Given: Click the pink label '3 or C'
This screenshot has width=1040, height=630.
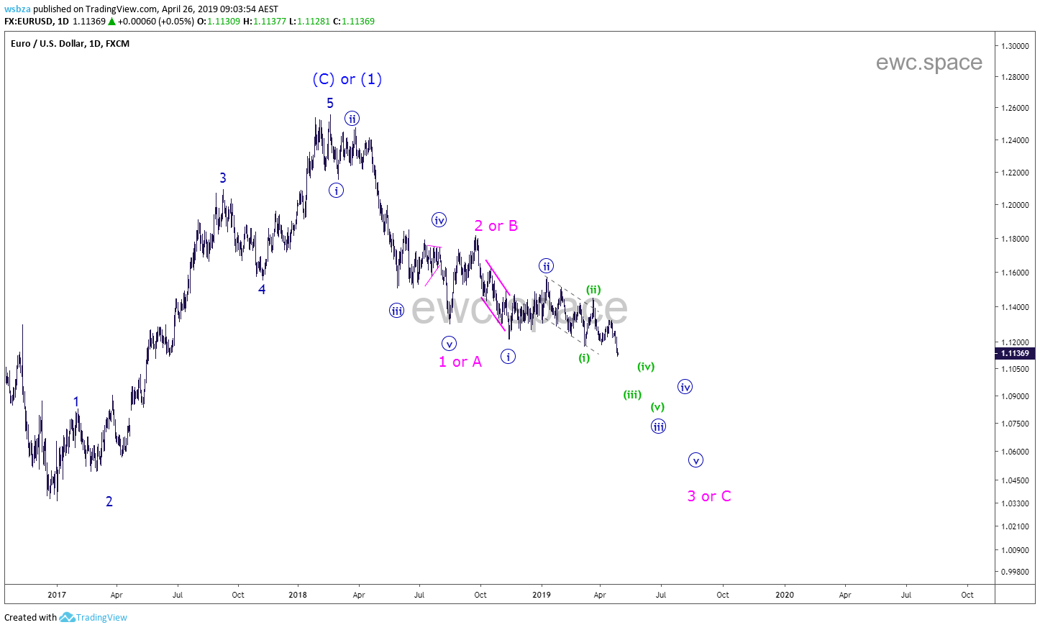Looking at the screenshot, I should pos(708,496).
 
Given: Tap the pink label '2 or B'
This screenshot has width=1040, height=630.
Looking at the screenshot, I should pos(496,226).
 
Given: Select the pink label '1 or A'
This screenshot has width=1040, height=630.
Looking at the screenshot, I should pos(460,362).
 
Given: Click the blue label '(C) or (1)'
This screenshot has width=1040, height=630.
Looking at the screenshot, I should pos(347,79).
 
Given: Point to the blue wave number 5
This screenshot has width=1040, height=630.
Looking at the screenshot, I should pos(330,103).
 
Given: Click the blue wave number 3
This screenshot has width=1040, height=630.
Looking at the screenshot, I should pos(223,178).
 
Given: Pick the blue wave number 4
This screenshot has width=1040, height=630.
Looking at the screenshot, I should pos(262,289).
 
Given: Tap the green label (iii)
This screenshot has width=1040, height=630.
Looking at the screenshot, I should pos(632,394).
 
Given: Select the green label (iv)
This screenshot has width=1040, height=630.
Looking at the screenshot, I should pos(646,367).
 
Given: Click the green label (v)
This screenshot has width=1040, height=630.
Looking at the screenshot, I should pos(657,407).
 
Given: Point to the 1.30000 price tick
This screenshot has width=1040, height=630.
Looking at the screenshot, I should pos(1015,46).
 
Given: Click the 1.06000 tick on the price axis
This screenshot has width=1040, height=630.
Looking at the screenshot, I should pos(1015,452).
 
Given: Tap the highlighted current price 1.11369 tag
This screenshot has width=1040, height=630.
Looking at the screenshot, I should pos(1015,353).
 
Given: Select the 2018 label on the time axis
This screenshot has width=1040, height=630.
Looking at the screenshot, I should pos(298,595).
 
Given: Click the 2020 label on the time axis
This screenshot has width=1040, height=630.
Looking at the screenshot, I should pos(785,595).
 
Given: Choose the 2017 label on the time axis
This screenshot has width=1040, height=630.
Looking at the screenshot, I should pos(57,595).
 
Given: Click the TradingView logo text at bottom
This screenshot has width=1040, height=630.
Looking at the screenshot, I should pos(101,618).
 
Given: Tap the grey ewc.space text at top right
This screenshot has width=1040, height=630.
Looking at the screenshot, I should pos(929,63).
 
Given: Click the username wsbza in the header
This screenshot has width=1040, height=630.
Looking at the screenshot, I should pos(17,9).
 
